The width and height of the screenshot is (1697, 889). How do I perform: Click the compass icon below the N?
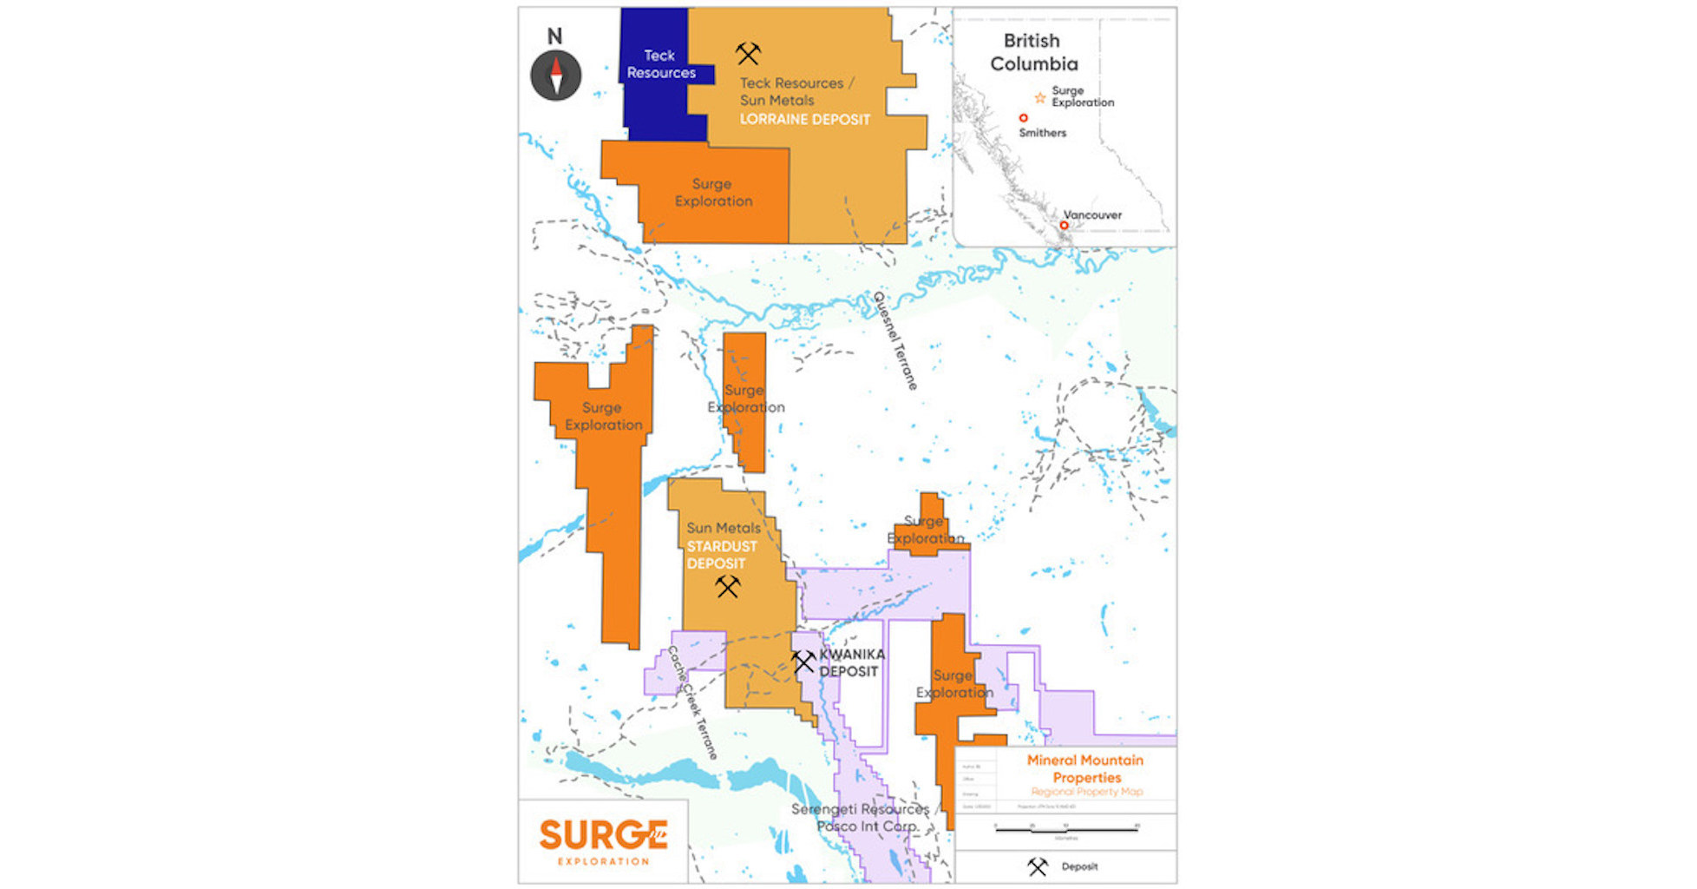tap(556, 76)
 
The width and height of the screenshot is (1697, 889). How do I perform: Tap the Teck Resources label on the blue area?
tap(660, 64)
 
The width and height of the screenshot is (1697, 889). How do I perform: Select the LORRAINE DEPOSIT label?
tap(804, 120)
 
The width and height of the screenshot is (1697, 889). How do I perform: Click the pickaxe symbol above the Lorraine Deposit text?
tap(748, 54)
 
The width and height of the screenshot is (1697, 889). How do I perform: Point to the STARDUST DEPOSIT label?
tap(721, 555)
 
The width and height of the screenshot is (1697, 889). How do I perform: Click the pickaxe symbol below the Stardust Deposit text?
tap(728, 587)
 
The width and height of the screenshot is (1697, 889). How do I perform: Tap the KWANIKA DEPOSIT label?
tap(852, 662)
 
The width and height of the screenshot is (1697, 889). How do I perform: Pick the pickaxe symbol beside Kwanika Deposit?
tap(803, 662)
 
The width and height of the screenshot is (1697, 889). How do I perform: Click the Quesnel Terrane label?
tap(895, 340)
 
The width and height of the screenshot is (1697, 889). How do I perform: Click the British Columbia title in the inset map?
tap(1033, 52)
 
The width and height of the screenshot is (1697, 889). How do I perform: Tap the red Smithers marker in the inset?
tap(1024, 118)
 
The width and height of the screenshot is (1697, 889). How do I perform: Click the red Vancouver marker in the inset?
tap(1064, 226)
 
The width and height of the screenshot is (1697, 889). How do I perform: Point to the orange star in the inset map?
tap(1040, 98)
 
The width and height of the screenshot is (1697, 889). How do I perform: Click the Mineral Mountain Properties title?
tap(1085, 768)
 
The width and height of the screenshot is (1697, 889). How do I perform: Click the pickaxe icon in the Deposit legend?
tap(1037, 866)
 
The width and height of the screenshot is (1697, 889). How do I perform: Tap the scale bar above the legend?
tap(1066, 829)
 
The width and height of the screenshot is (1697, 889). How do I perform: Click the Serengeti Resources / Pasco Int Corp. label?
tap(861, 817)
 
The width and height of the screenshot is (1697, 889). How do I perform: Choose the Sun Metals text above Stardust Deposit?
tap(724, 528)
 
